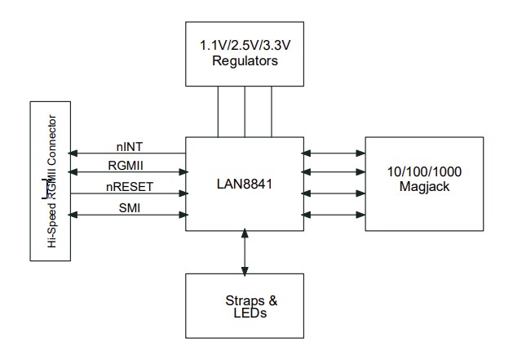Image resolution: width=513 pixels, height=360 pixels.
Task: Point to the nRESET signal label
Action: pos(130,187)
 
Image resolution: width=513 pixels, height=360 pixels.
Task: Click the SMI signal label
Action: pos(130,208)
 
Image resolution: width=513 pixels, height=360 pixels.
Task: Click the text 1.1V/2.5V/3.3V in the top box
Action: pos(245,47)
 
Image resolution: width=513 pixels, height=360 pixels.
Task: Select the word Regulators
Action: pos(245,60)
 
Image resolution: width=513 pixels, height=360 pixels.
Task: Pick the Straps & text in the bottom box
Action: pos(245,300)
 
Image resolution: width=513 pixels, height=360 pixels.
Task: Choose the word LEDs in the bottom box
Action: pos(245,313)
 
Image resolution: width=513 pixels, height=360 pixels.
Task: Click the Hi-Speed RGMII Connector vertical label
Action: pos(51,181)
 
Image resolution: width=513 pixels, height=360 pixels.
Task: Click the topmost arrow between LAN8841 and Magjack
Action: pos(334,152)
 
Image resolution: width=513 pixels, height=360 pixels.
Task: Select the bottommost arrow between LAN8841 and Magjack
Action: pos(334,215)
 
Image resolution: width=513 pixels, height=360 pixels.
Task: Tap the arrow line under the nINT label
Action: pos(129,153)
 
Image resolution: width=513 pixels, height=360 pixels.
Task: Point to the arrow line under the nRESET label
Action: pos(129,194)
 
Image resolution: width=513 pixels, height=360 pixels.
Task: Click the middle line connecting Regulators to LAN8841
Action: pos(245,111)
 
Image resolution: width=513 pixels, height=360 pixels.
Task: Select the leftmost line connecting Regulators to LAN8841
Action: pos(218,111)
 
